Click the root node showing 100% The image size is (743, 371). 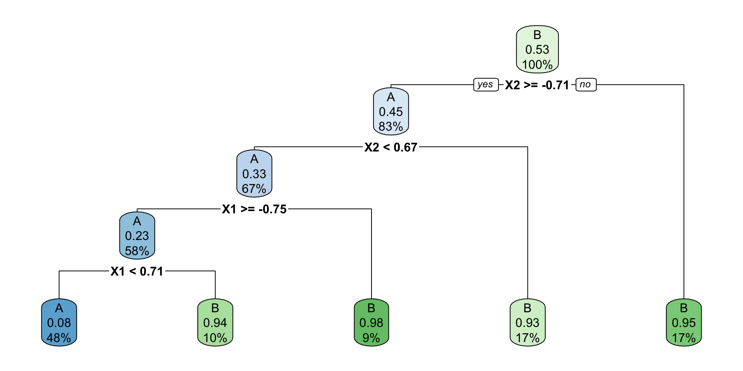point(537,49)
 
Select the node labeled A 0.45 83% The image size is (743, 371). point(391,112)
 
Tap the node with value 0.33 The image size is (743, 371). point(254,174)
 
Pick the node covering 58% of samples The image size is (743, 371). point(137,236)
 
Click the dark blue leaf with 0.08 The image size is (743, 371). point(59,323)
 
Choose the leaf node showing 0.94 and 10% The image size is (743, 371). point(215,323)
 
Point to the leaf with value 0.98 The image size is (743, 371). point(371,323)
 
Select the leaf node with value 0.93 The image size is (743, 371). point(527,323)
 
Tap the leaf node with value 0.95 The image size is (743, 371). point(684,323)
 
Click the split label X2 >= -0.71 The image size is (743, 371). point(537,85)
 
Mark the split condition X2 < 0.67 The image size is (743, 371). point(391,147)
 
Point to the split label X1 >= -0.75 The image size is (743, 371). point(254,209)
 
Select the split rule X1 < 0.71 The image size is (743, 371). point(137,271)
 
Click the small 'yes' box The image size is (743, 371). point(486,85)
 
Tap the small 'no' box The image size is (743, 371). point(586,85)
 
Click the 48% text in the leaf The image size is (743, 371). point(59,338)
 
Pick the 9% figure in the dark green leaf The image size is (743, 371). point(371,338)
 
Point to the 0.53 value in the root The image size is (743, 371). point(537,49)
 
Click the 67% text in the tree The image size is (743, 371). point(254,189)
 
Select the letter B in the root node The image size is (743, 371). point(537,35)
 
